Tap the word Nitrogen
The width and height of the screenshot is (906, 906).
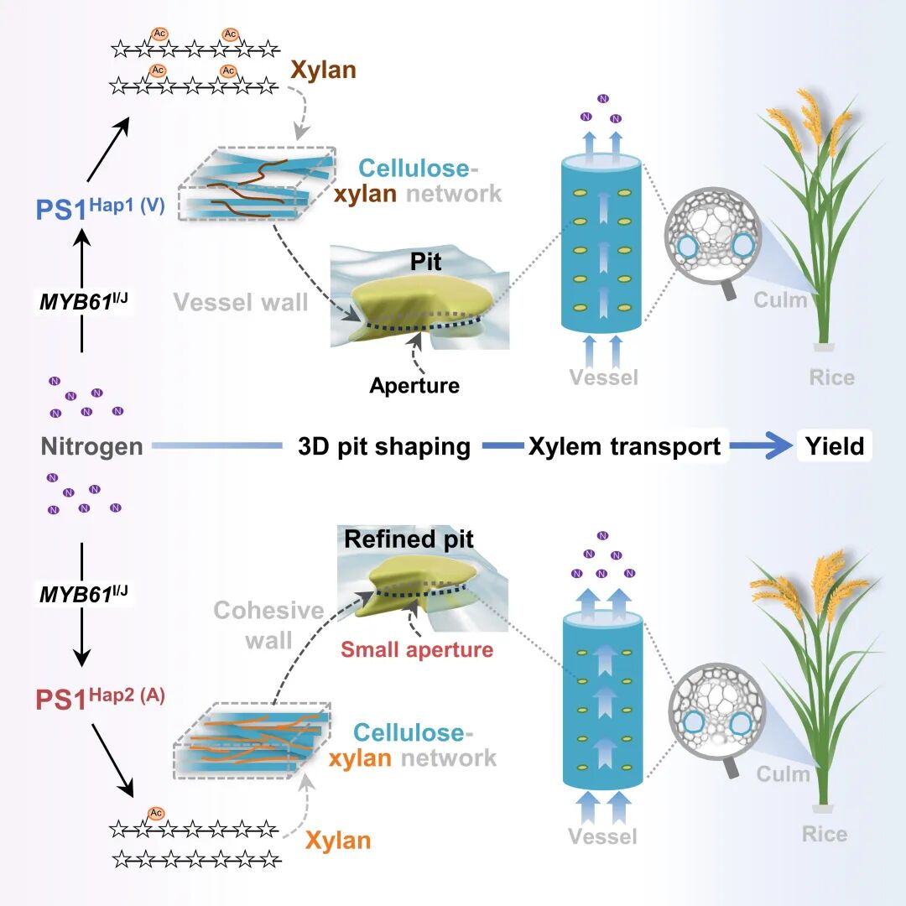click(91, 446)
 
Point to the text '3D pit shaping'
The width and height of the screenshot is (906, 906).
click(384, 446)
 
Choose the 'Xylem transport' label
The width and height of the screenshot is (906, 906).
click(624, 446)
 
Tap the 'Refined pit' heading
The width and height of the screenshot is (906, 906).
click(409, 539)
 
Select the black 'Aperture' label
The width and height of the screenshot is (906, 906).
click(414, 386)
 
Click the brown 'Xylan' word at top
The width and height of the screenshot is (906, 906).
click(323, 70)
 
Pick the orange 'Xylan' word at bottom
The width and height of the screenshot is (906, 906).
click(337, 840)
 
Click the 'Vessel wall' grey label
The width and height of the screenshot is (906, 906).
click(241, 302)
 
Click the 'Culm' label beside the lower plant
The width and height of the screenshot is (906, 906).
click(784, 773)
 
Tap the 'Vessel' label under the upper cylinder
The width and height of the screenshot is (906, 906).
click(603, 377)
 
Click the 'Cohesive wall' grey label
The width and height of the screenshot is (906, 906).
click(257, 625)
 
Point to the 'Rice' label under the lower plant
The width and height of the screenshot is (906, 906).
click(824, 834)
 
